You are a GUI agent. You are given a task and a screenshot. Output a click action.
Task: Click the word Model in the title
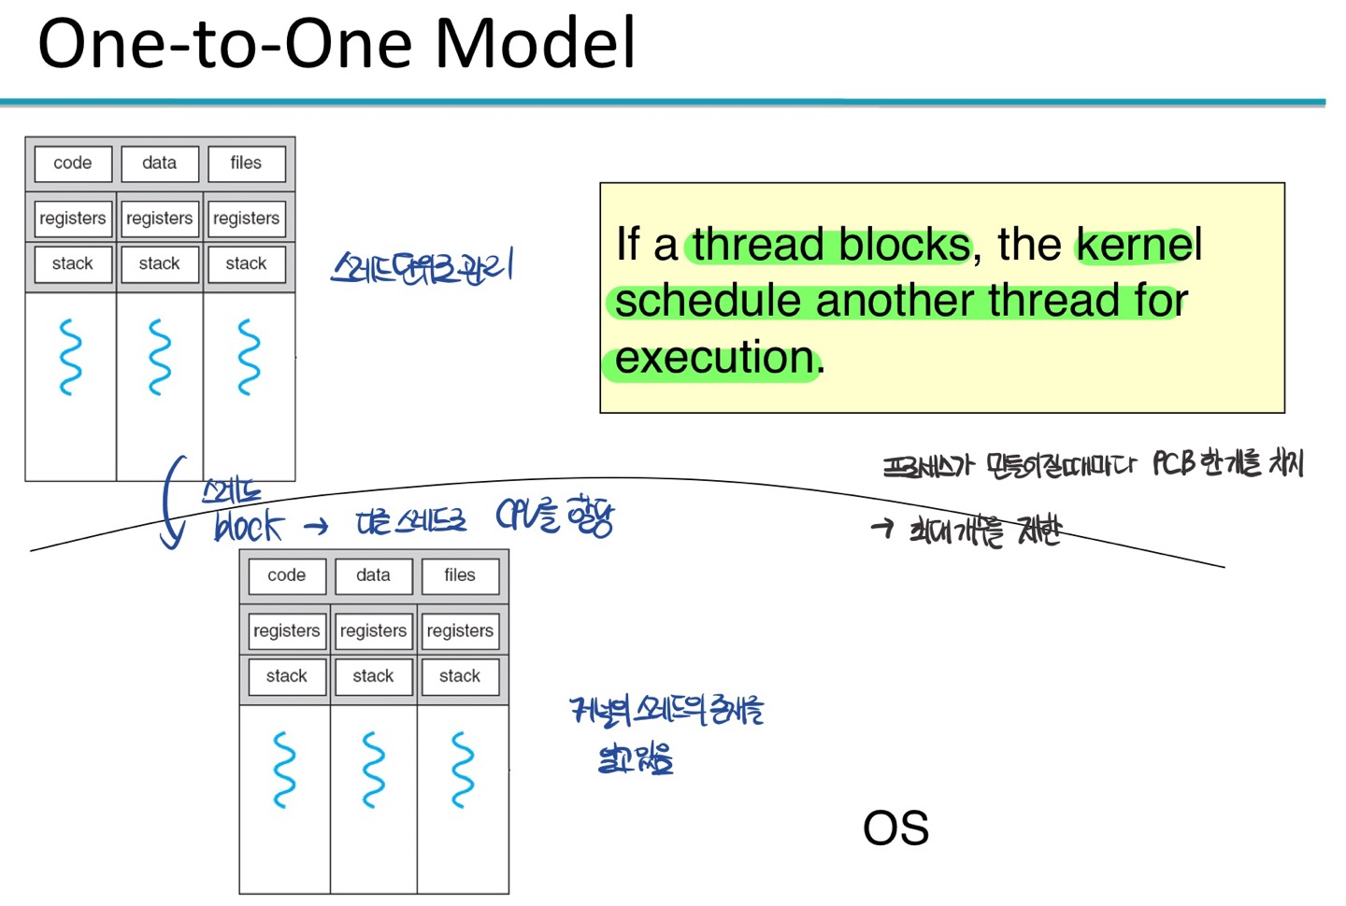536,44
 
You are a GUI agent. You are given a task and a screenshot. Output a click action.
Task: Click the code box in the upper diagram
73,163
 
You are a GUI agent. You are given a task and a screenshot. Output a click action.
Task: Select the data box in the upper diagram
160,163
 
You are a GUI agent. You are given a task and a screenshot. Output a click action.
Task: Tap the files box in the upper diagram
246,163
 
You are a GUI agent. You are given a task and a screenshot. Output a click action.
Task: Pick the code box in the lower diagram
287,575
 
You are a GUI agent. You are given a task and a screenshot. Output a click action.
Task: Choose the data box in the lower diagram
373,575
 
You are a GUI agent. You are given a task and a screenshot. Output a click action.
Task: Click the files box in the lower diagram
460,575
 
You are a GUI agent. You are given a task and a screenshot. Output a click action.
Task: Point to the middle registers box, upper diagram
160,219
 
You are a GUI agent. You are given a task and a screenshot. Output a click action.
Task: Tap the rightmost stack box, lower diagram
460,676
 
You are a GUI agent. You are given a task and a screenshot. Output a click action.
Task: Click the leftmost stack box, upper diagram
73,264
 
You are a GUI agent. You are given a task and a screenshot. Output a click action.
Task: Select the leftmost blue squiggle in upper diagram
70,357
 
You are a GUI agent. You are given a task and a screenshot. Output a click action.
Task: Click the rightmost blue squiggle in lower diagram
462,770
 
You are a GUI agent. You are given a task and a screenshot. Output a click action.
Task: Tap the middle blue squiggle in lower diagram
373,770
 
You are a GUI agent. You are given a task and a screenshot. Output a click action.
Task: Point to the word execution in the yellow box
715,358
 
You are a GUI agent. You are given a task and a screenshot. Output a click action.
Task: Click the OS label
895,828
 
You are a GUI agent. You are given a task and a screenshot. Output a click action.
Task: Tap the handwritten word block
248,528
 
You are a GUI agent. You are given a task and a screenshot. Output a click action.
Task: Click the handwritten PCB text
1173,463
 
